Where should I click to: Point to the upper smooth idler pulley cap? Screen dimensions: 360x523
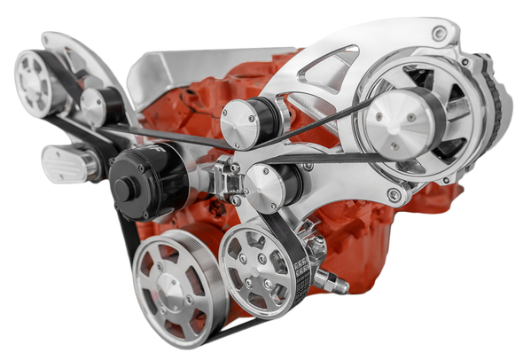(x=240, y=124)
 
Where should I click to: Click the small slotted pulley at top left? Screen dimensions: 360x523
(x=38, y=81)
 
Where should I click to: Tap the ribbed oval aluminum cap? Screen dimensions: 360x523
(x=68, y=163)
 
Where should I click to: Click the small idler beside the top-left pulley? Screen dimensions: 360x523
(x=92, y=106)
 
